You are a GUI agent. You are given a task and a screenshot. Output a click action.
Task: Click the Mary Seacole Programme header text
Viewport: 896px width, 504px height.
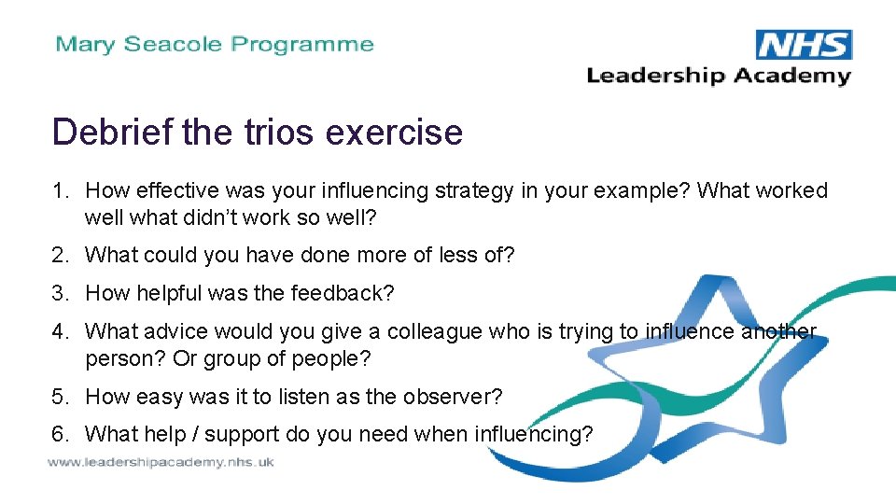(x=215, y=44)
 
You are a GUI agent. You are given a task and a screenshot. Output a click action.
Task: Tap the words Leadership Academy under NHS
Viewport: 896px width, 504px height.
(x=718, y=76)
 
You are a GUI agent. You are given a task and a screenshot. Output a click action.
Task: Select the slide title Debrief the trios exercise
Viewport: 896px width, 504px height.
(x=258, y=132)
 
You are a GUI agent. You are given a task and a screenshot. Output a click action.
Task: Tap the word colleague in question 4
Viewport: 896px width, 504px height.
(x=430, y=331)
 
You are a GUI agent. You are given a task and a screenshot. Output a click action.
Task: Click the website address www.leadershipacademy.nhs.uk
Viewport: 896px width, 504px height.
(x=161, y=463)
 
